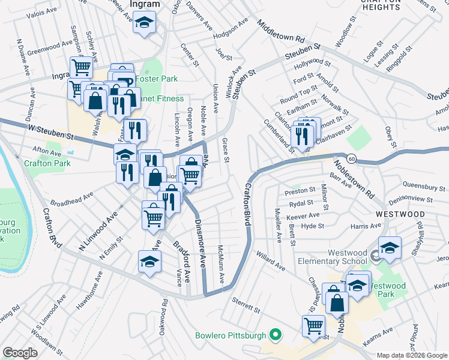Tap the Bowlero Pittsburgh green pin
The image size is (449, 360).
pos(276,334)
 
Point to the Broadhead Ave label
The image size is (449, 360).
pos(71,198)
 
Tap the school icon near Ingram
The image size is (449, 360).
pos(144,23)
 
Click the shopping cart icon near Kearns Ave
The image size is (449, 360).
pos(313,326)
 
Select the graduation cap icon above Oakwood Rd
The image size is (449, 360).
pos(149,261)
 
